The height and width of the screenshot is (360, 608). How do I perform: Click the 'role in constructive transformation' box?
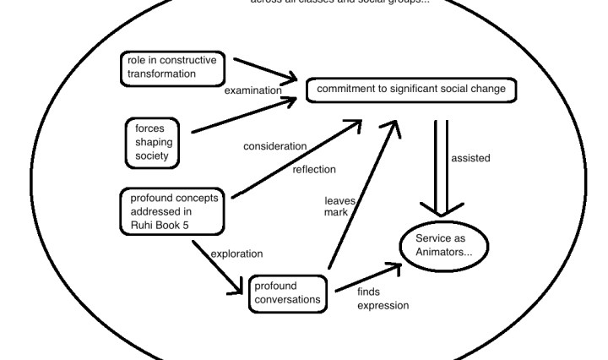tap(172, 68)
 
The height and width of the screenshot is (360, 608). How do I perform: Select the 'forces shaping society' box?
tap(156, 142)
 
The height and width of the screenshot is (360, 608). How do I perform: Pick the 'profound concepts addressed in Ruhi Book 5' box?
tap(172, 211)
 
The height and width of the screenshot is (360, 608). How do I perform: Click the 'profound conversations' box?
tap(286, 292)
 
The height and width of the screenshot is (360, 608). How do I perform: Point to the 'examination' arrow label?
tap(252, 90)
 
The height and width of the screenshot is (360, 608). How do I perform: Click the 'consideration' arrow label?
tap(275, 146)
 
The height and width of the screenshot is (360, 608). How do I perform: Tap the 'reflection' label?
tap(314, 169)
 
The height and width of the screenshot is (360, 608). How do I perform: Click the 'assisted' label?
tap(471, 157)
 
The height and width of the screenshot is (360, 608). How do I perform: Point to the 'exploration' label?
tap(236, 253)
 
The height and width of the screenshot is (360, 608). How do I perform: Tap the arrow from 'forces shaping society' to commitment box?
tap(245, 116)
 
